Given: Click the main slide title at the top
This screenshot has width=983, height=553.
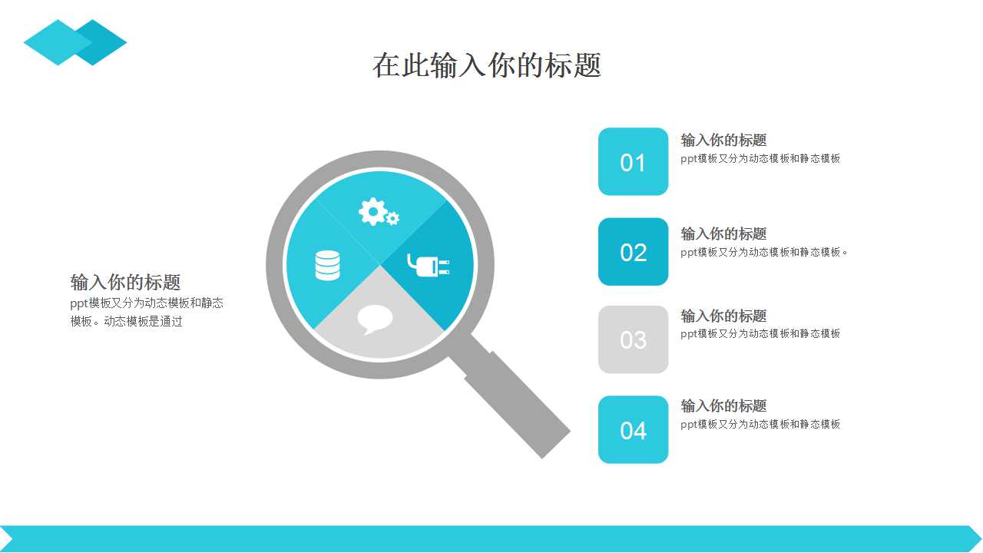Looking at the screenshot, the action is (x=487, y=65).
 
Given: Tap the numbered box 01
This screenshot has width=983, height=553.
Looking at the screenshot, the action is (x=633, y=161).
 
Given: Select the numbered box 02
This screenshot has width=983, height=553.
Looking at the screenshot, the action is (x=633, y=251).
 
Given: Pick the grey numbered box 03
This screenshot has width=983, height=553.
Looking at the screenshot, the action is (x=633, y=339).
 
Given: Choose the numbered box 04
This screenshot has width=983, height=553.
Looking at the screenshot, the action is (x=633, y=429).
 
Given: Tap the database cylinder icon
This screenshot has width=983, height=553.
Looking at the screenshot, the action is (x=327, y=266).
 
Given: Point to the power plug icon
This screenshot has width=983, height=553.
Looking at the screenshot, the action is (x=429, y=266).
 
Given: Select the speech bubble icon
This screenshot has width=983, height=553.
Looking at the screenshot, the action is (x=374, y=319).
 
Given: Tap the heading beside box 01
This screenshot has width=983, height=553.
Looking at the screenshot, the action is (x=723, y=140).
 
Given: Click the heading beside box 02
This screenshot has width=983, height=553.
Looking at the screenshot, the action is (x=723, y=233).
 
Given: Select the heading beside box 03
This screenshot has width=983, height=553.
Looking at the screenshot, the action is (x=723, y=316).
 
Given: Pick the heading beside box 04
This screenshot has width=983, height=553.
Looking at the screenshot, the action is (x=723, y=406).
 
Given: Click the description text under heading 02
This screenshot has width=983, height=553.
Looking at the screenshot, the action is (x=764, y=253).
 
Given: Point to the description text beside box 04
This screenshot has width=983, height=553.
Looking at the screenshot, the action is (x=760, y=425).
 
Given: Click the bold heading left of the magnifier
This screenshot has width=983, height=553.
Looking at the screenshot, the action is (x=125, y=282).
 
